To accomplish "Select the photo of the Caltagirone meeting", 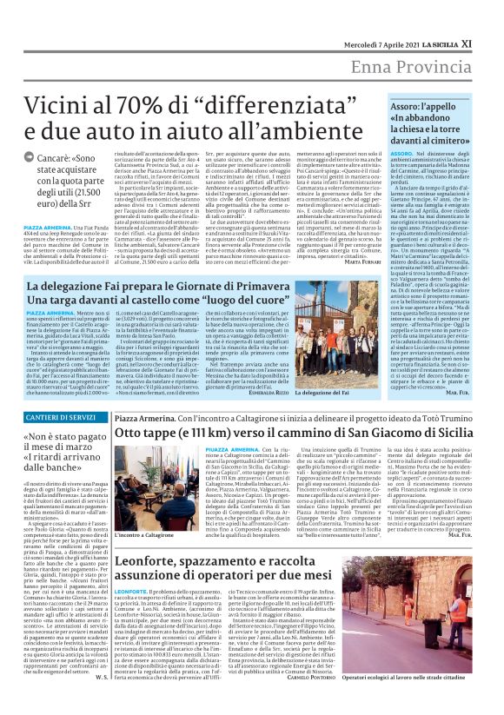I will click(156, 490).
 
